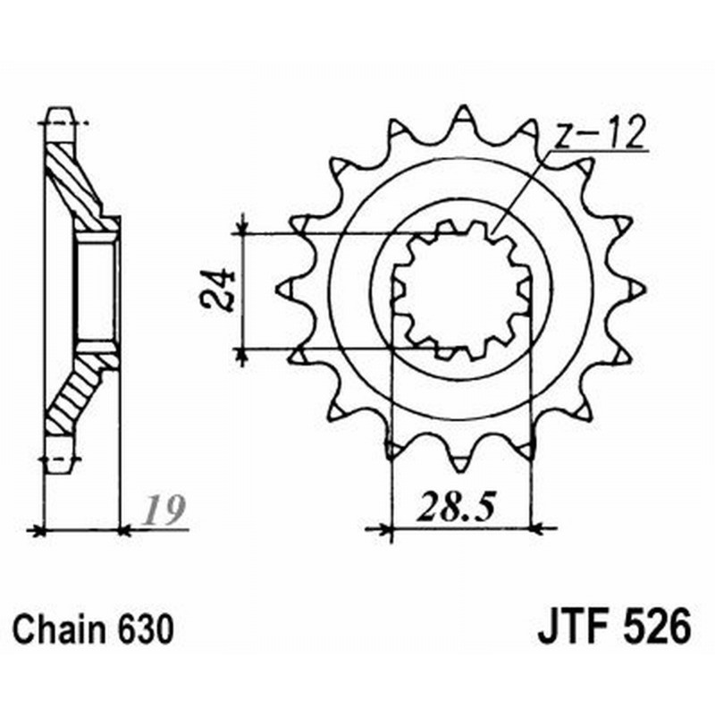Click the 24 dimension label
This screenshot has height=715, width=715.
click(x=217, y=289)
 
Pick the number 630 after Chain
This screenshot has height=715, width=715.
click(x=146, y=629)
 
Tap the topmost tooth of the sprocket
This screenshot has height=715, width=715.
click(x=462, y=117)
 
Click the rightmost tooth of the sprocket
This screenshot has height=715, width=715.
click(x=635, y=289)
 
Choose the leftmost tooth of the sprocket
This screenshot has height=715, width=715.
click(x=287, y=289)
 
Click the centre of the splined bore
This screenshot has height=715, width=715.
click(x=461, y=290)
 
